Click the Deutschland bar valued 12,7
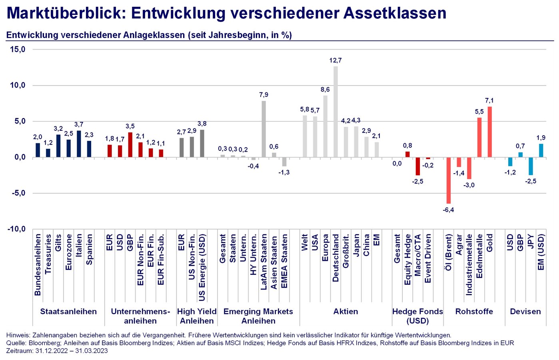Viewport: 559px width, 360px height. point(335,112)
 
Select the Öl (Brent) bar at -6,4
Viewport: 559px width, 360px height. point(448,180)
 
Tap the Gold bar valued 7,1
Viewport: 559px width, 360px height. point(489,132)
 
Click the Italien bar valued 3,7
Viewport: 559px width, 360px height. point(79,144)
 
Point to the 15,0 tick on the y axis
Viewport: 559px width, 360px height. point(18,49)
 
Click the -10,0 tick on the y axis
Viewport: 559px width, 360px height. point(16,229)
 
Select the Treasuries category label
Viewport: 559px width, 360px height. point(48,254)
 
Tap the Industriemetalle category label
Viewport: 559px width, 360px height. point(469,265)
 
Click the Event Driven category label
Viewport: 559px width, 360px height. point(428,258)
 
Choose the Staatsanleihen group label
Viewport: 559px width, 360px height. point(68,312)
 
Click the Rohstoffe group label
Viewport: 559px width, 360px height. point(474,312)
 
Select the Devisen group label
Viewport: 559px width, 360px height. point(525,312)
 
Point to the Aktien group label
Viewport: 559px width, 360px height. point(345,312)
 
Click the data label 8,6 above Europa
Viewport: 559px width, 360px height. point(325,90)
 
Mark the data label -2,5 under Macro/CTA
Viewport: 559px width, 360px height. point(417,182)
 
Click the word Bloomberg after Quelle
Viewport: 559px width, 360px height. point(44,343)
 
